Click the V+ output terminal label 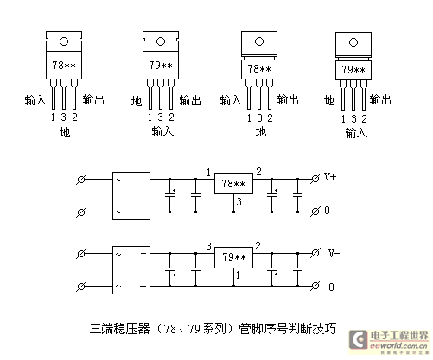coord(330,176)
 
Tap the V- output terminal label coord(334,253)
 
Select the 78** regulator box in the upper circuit coord(233,183)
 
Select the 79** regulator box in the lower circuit coord(233,257)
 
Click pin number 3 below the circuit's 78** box coord(239,201)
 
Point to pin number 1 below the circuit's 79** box coord(238,275)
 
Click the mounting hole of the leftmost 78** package coord(64,41)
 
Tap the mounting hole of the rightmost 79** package coord(353,42)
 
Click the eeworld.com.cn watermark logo coord(389,342)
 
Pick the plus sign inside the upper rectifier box coord(143,180)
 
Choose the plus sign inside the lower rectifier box coord(143,286)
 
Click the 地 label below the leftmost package coord(65,132)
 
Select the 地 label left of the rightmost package coord(329,100)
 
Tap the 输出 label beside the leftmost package coord(93,99)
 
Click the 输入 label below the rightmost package coord(356,133)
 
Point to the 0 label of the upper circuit coord(327,211)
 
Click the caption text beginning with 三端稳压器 coord(213,329)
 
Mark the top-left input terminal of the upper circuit coord(81,180)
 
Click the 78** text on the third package coord(259,69)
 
